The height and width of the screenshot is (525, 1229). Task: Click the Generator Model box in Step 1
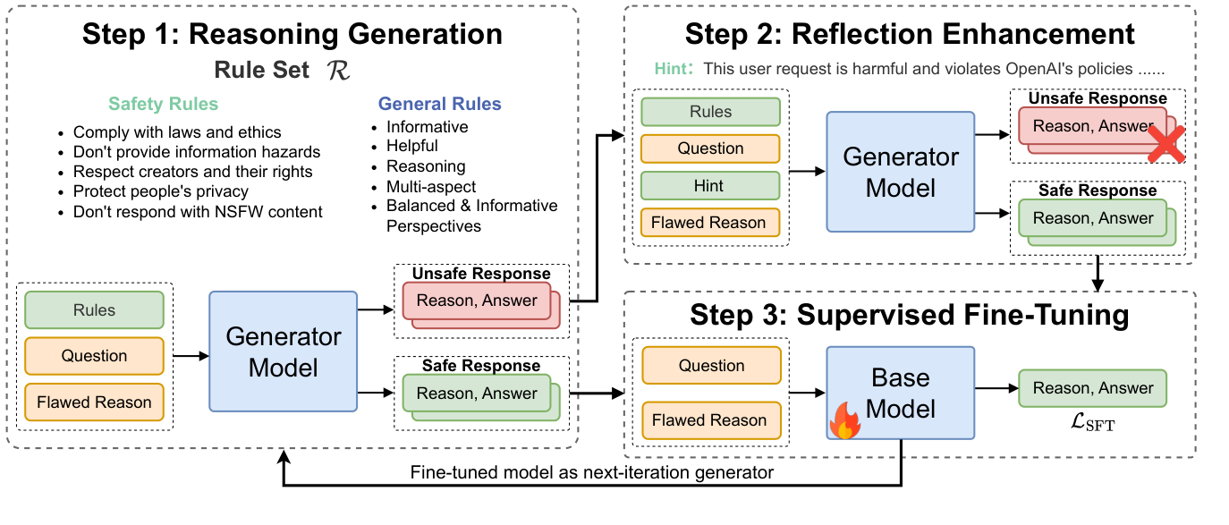click(283, 351)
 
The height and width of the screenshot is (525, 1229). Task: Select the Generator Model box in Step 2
click(900, 172)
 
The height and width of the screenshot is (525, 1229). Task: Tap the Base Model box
click(900, 393)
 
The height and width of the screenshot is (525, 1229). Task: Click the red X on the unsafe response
click(1165, 143)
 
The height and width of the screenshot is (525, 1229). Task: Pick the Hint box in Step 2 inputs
click(709, 186)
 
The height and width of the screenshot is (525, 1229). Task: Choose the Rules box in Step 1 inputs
click(94, 310)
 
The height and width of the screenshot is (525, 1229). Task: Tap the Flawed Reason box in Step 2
click(709, 223)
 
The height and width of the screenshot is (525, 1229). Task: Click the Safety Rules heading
click(163, 105)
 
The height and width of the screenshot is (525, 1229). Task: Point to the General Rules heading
click(439, 105)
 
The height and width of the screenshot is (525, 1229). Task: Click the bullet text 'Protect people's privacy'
click(161, 191)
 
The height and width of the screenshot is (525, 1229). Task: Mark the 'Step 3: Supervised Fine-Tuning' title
click(909, 316)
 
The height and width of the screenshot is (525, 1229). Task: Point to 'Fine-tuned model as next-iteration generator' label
click(591, 472)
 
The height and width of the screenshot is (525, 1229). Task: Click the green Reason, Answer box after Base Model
click(1092, 388)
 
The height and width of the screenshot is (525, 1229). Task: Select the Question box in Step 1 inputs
click(94, 356)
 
